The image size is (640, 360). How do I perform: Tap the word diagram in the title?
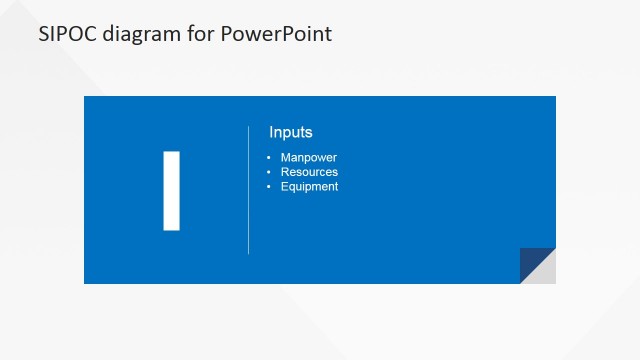pos(141,34)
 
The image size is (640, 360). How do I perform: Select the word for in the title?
pos(200,33)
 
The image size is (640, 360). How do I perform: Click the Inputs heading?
pos(291,132)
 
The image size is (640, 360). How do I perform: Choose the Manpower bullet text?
pos(309,158)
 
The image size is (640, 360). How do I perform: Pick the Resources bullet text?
pos(309,172)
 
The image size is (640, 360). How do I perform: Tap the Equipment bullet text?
pos(309,186)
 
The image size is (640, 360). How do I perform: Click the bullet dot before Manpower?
pos(269,158)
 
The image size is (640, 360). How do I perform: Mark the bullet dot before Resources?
pos(269,172)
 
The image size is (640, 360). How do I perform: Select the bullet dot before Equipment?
pos(269,186)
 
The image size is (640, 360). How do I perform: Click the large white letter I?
pos(171,190)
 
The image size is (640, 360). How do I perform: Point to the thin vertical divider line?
pos(248,190)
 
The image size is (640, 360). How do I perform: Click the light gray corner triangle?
pos(545,273)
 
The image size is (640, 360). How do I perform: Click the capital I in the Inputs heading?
pos(271,132)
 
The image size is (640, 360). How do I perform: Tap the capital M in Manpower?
pos(286,158)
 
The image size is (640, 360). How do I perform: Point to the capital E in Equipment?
pos(284,186)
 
